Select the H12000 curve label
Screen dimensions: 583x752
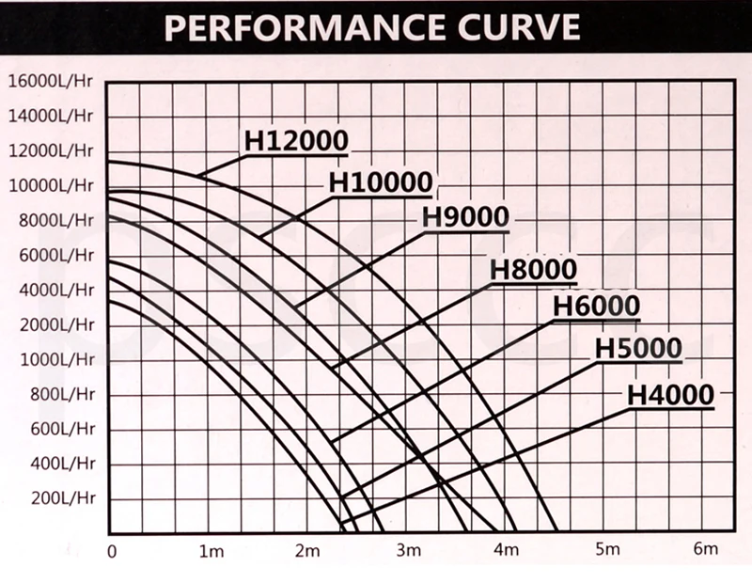point(296,140)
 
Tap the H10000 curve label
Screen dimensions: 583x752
point(380,182)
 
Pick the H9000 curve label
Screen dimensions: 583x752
point(464,216)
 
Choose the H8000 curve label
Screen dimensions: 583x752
point(533,269)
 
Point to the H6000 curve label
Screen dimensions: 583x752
point(596,307)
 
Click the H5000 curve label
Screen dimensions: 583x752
point(638,349)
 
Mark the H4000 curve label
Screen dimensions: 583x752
point(670,396)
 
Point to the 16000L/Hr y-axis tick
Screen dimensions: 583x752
point(51,81)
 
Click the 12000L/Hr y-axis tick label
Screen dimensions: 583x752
point(51,150)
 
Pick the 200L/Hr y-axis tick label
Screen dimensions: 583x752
point(58,498)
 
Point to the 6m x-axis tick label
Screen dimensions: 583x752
point(704,550)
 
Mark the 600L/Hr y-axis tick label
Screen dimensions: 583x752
point(58,430)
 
